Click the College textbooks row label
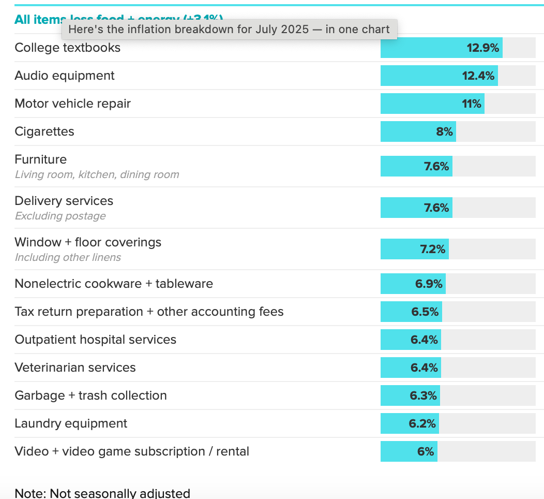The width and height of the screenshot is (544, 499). click(67, 48)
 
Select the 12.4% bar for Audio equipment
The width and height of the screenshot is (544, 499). click(439, 76)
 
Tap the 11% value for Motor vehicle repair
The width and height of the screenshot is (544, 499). click(472, 104)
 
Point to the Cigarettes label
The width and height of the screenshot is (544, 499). click(44, 131)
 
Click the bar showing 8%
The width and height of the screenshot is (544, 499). click(418, 131)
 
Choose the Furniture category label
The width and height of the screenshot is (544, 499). click(41, 159)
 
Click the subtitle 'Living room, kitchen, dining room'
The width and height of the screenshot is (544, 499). click(97, 174)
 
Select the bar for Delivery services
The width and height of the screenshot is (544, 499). click(416, 208)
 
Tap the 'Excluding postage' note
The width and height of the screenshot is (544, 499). click(60, 216)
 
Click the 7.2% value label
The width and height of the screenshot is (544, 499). click(433, 249)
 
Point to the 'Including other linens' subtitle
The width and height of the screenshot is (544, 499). click(68, 257)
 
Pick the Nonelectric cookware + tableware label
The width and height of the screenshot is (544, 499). click(114, 284)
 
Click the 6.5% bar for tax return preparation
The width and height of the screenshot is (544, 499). click(411, 312)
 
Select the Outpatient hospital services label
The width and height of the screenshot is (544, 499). click(95, 340)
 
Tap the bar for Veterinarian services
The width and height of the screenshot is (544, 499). click(411, 368)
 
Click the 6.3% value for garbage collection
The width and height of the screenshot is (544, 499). click(424, 395)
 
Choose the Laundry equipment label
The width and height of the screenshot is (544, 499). click(71, 423)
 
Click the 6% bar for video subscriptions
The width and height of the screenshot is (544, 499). click(409, 451)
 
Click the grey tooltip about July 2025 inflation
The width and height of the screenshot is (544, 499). click(229, 30)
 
